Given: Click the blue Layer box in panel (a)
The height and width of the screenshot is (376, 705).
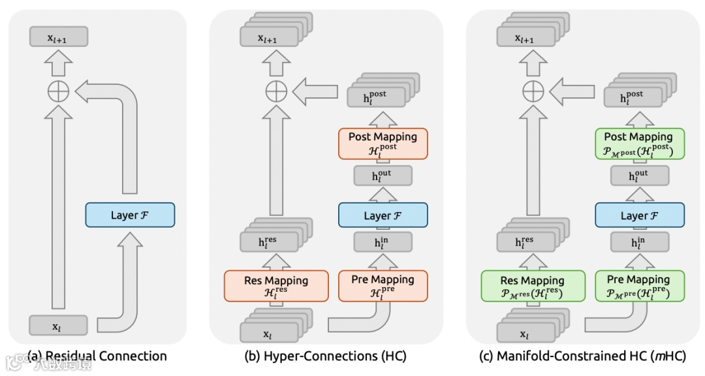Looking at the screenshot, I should [x=130, y=215].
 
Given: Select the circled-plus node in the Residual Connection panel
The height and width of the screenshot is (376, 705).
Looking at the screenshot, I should [x=59, y=91].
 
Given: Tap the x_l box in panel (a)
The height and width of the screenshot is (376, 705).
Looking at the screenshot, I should [x=58, y=325].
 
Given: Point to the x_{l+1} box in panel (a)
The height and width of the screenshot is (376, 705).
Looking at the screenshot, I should [x=58, y=38].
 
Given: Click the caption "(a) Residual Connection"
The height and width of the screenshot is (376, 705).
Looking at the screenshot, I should [x=97, y=356].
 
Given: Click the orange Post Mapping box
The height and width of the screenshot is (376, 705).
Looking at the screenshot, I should [x=383, y=142].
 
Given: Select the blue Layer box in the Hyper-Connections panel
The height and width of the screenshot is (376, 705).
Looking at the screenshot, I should [x=383, y=215].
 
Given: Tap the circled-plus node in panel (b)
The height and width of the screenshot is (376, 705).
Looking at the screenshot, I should [x=276, y=91].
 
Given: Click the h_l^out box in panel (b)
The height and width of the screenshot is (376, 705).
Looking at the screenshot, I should [x=383, y=176].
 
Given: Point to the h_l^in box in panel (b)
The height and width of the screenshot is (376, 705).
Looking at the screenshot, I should [x=383, y=242].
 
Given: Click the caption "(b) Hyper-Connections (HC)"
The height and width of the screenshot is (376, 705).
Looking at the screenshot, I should [x=325, y=356].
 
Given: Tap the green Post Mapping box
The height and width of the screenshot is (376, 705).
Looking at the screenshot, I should [x=639, y=142].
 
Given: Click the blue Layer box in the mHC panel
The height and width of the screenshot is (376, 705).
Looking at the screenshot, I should [x=639, y=215].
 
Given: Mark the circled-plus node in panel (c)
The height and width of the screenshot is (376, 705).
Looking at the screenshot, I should [x=533, y=91].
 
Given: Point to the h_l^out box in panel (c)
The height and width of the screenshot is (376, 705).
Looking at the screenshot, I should [x=639, y=176].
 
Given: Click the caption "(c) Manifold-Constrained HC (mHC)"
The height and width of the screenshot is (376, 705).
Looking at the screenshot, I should [x=582, y=356].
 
